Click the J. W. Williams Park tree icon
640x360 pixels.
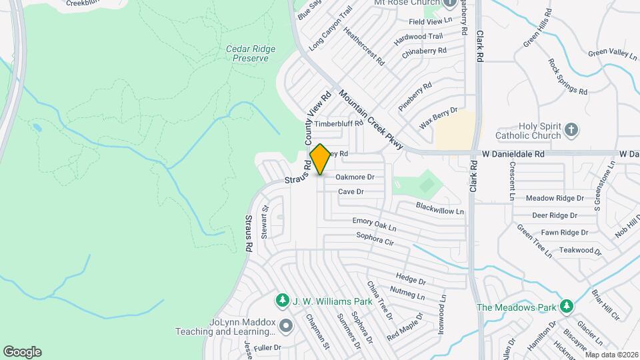283,301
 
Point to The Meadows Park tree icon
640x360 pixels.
566,307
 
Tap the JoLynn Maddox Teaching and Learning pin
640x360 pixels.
286,326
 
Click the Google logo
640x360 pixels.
22,352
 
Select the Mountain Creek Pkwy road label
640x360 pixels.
369,118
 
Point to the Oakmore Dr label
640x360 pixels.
355,177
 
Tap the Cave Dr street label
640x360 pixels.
351,191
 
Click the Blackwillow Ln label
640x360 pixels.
439,209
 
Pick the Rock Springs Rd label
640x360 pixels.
567,77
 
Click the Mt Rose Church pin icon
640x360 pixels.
450,2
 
